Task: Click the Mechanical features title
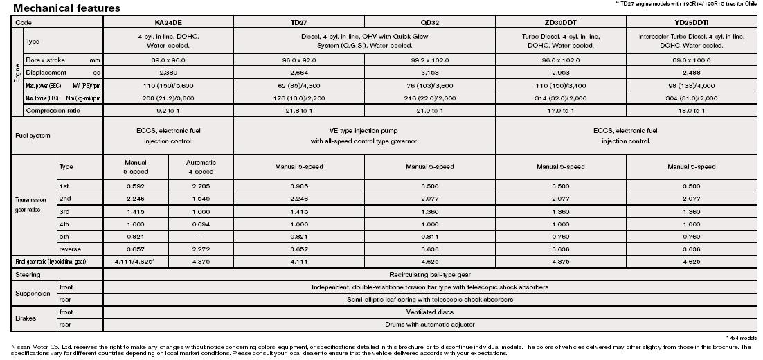coord(66,8)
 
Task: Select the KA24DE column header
coord(168,23)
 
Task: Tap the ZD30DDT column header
coord(561,23)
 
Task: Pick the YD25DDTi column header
coord(691,23)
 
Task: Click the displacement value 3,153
coord(430,73)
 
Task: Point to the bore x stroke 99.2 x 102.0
coord(430,60)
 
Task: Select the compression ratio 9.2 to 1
coord(168,111)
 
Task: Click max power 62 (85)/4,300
coord(299,86)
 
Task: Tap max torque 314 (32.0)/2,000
coord(561,98)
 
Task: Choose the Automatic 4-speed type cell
coord(201,167)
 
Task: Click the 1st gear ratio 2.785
coord(201,186)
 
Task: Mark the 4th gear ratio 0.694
coord(201,224)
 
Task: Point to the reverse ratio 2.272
coord(201,249)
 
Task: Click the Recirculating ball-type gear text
coord(430,275)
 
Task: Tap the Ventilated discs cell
coord(430,312)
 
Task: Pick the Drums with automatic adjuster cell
coord(430,324)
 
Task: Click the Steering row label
coord(28,275)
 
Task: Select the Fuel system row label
coord(33,136)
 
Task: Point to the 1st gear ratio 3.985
coord(299,186)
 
